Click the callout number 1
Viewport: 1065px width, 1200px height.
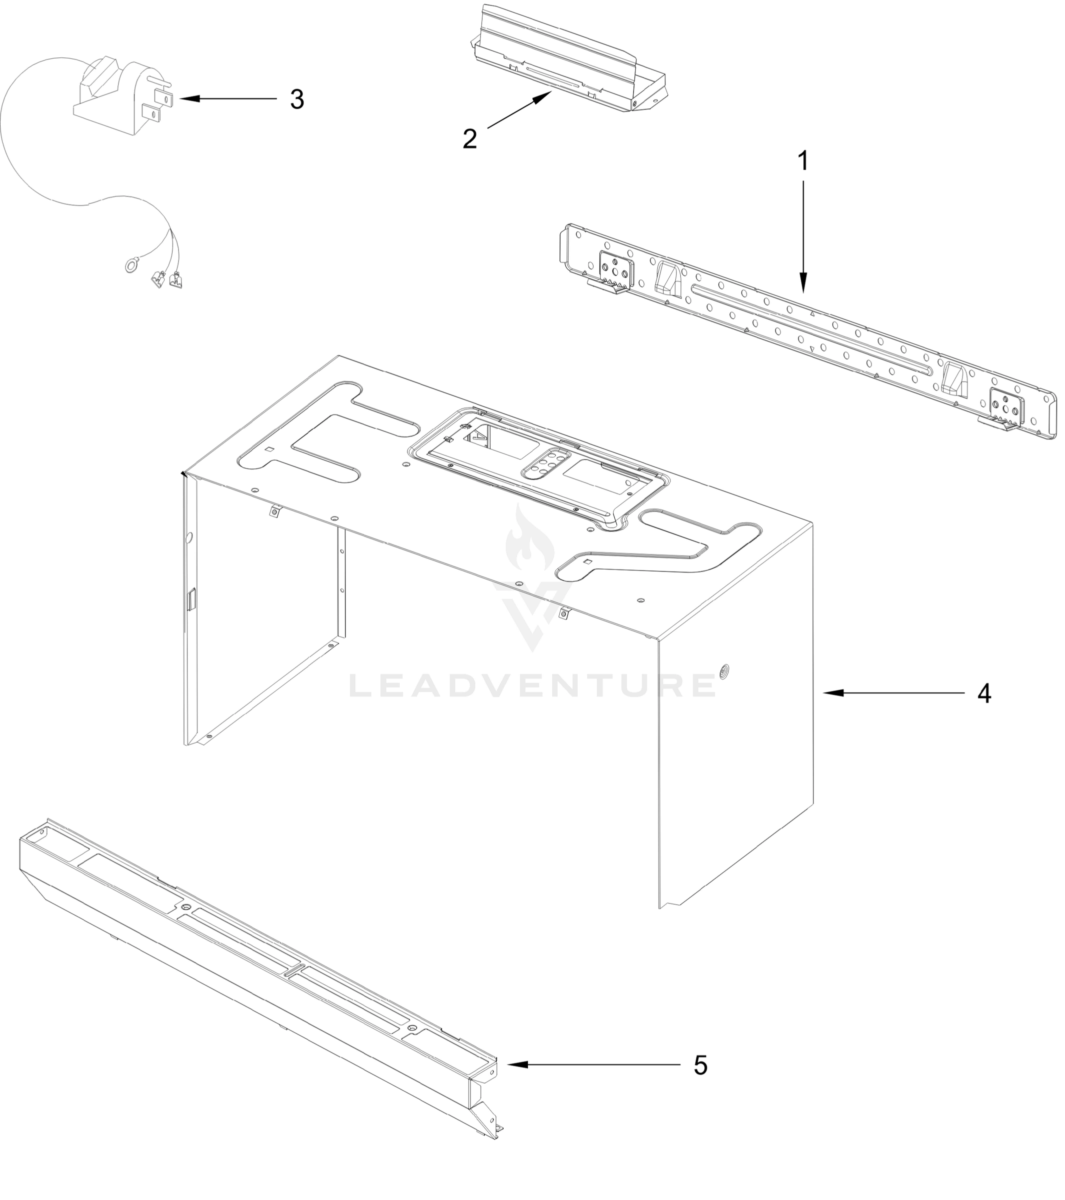click(x=803, y=161)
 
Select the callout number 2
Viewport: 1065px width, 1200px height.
click(x=469, y=139)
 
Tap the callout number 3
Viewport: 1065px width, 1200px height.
click(x=297, y=100)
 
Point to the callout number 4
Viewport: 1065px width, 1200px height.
click(x=984, y=693)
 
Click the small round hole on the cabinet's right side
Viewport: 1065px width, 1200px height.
click(x=723, y=670)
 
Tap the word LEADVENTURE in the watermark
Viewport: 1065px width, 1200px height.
click(x=532, y=685)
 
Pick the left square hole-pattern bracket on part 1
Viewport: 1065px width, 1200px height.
click(x=616, y=269)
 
